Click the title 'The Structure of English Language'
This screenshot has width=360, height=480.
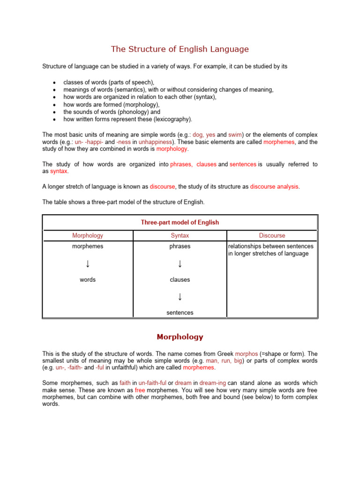coord(180,49)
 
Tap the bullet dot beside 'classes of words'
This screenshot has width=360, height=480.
coord(55,82)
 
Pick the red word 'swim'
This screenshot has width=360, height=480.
coord(235,134)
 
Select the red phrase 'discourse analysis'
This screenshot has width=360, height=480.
coord(274,186)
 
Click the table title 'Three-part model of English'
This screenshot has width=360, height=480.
coord(180,222)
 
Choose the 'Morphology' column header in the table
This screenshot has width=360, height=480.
coord(88,235)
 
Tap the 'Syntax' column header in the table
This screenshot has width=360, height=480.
coord(180,235)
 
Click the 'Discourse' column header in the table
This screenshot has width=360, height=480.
coord(272,235)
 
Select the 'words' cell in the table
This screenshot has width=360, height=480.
coord(88,279)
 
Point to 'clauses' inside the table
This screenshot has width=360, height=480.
coord(180,279)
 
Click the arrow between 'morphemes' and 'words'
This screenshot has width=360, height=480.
coord(88,264)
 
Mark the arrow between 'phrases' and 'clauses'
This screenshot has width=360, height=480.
coord(180,264)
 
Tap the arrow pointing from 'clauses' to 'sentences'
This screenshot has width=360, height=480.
coord(180,297)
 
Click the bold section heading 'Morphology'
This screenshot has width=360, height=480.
coord(180,337)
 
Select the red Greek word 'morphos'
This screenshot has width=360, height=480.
coord(246,354)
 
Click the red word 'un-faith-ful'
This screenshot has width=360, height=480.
coord(152,383)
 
